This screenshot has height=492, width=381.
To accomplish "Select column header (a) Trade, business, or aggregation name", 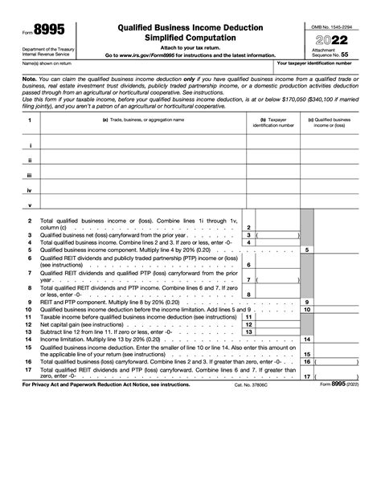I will (142, 120).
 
